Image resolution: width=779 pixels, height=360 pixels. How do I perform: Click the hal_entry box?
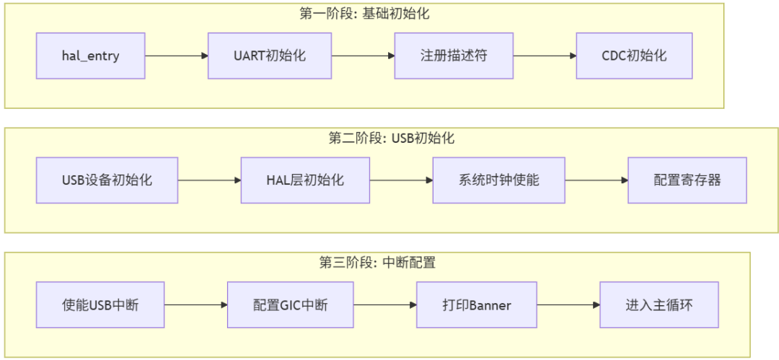coord(90,56)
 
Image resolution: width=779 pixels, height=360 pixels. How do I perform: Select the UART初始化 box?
coord(270,56)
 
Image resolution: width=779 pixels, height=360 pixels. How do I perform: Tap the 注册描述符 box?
coord(454,56)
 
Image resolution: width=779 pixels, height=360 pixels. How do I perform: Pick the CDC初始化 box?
coord(634,56)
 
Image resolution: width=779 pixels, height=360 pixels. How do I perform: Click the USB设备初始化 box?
coord(107,180)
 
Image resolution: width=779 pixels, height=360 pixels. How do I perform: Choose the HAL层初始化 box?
coord(305,180)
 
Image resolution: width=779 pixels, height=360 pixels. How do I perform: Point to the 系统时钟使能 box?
coord(499,180)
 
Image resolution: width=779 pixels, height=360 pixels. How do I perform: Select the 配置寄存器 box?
coord(687,180)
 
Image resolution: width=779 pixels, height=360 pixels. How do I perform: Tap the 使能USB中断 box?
coord(100,304)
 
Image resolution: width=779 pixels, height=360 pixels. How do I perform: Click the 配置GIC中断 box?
coord(290,304)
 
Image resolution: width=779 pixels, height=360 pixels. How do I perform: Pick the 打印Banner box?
coord(477,304)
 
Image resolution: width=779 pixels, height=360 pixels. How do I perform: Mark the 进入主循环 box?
coord(659,304)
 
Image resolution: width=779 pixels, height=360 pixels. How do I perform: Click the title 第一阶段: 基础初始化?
coord(364,14)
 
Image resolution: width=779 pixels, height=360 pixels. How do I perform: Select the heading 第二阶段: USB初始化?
coord(392,139)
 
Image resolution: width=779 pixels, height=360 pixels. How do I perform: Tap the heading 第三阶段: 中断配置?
coord(377,263)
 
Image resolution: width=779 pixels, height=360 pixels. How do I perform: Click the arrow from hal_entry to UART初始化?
coord(177,56)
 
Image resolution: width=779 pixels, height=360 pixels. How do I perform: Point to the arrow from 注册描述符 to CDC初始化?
coord(545,56)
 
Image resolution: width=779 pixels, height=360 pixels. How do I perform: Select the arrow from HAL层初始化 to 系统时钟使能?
coord(401,180)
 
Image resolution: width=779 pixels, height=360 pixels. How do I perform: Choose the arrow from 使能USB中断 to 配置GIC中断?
coord(195,304)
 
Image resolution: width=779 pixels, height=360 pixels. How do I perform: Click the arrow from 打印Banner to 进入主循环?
coord(568,304)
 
